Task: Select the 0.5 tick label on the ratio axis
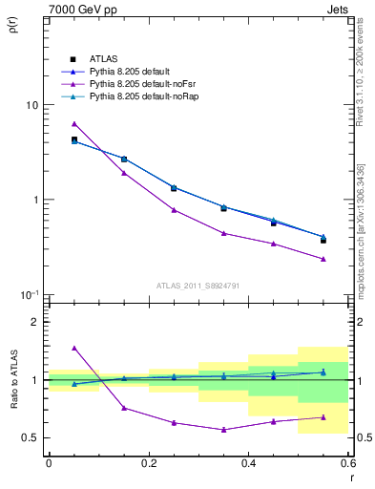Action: (32, 437)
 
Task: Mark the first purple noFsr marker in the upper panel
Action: (73, 124)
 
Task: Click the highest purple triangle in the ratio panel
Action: (73, 349)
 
